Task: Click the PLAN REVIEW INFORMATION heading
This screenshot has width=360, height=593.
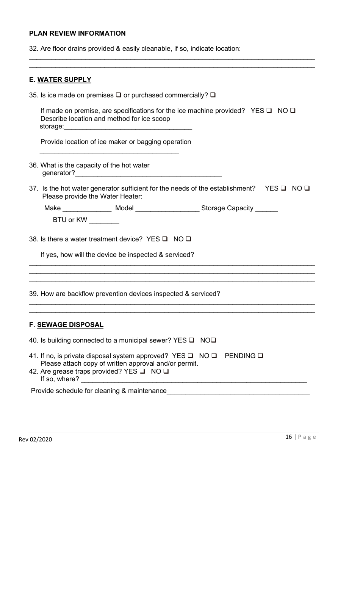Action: tap(77, 33)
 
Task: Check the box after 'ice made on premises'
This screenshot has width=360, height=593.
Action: tap(118, 95)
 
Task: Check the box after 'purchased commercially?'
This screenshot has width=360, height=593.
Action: tap(213, 95)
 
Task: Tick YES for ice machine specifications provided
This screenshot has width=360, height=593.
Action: tap(269, 111)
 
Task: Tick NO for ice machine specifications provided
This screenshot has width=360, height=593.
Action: tap(293, 111)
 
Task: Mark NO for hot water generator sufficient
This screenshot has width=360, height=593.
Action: tap(307, 188)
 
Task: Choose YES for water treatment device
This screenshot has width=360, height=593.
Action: tap(165, 239)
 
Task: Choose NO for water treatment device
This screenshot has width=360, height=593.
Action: tap(189, 239)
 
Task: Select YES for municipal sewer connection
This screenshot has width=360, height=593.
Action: tap(192, 340)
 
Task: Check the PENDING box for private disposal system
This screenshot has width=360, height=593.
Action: tap(260, 356)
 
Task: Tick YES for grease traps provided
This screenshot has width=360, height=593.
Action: tap(142, 371)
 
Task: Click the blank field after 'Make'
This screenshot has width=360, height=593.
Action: tap(87, 209)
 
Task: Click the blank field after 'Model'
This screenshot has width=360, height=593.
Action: tap(167, 209)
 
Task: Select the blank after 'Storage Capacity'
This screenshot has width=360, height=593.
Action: tap(266, 209)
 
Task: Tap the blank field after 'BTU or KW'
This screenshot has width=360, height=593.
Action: tap(104, 221)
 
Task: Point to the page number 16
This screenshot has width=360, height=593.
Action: tap(289, 437)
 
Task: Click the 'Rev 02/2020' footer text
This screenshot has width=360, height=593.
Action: tap(36, 440)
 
